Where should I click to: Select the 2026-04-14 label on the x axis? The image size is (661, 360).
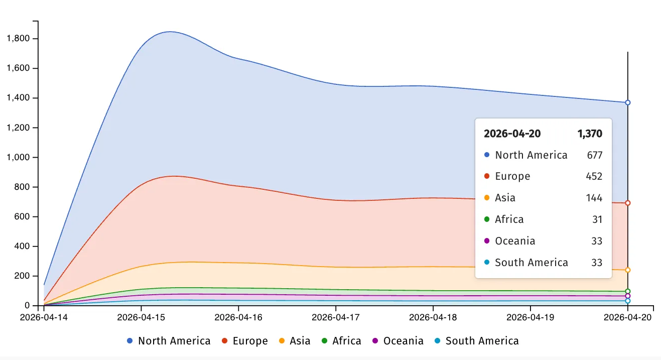pyautogui.click(x=44, y=317)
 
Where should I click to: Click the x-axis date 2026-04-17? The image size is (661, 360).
pyautogui.click(x=336, y=317)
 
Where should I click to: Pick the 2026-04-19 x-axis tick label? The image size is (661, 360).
pyautogui.click(x=531, y=317)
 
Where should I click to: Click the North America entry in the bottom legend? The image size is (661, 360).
pyautogui.click(x=174, y=341)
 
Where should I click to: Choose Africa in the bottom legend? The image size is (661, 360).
pyautogui.click(x=346, y=341)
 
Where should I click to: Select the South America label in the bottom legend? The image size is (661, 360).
pyautogui.click(x=482, y=341)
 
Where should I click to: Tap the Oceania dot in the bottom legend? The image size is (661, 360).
pyautogui.click(x=375, y=341)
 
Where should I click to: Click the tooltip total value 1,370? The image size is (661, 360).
pyautogui.click(x=590, y=134)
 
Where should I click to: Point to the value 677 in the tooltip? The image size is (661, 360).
pyautogui.click(x=595, y=155)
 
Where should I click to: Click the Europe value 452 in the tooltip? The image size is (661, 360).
pyautogui.click(x=594, y=176)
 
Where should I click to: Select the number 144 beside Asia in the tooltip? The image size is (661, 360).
pyautogui.click(x=594, y=198)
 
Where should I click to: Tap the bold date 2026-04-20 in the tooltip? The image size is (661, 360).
pyautogui.click(x=512, y=134)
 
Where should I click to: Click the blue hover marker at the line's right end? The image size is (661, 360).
pyautogui.click(x=627, y=102)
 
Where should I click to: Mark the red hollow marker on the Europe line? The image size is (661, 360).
pyautogui.click(x=627, y=203)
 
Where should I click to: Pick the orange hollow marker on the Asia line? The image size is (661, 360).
pyautogui.click(x=627, y=270)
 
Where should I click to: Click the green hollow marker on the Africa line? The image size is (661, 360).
pyautogui.click(x=627, y=291)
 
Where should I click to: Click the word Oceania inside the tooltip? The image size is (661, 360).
pyautogui.click(x=515, y=241)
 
